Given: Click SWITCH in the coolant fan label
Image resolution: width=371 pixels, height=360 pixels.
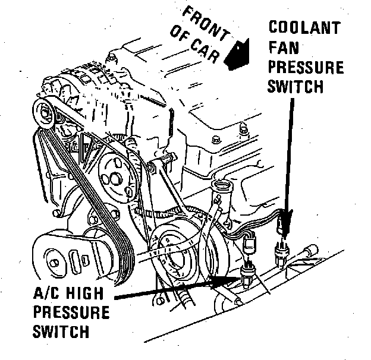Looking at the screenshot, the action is tap(295, 86).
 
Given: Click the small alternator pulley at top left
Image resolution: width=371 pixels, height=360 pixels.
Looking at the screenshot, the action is tap(43, 112).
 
